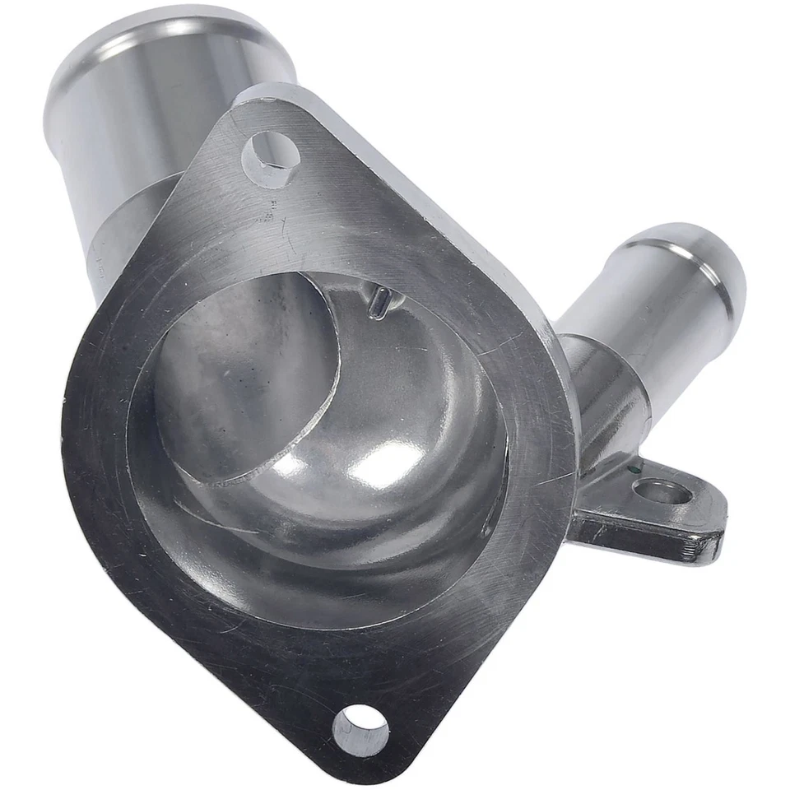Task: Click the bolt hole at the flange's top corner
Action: (x=271, y=157)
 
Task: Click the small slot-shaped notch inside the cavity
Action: (x=379, y=303)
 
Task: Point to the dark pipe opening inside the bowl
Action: (x=247, y=370)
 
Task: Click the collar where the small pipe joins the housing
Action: (x=592, y=362)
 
